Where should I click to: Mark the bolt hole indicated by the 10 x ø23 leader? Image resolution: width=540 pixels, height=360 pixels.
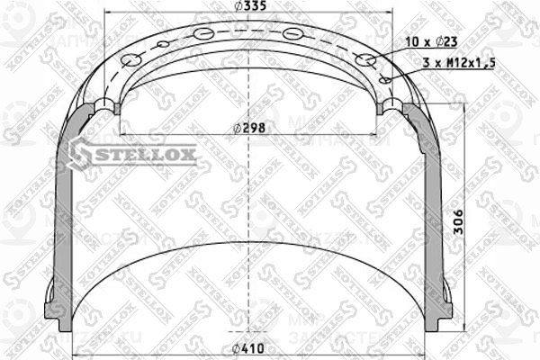(364, 60)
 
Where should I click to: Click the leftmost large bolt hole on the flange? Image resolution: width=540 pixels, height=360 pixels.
(131, 60)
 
